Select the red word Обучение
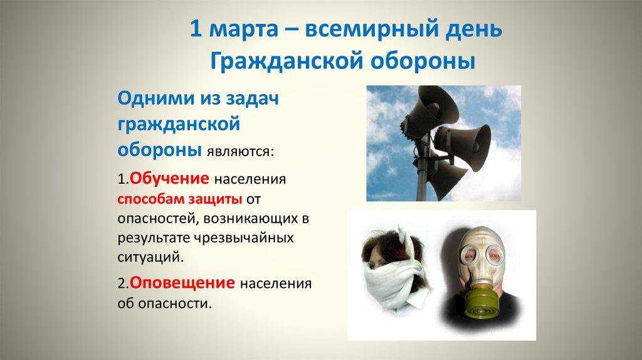point(169,178)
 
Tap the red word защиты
point(211,199)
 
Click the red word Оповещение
point(182,283)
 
